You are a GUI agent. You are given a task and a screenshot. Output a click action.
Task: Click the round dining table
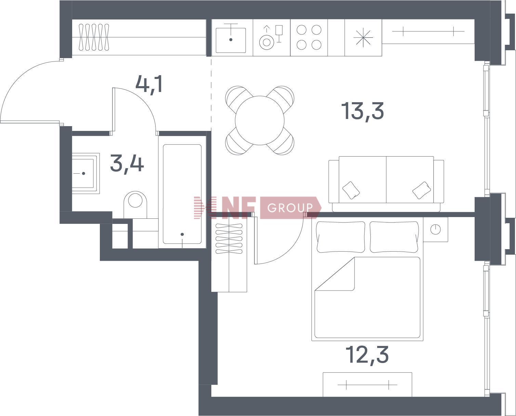click(x=260, y=120)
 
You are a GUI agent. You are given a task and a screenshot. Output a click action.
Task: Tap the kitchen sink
click(x=231, y=38)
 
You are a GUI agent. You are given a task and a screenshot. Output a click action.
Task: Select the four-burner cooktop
click(x=309, y=37)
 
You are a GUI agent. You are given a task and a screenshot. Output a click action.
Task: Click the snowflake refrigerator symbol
click(x=363, y=38)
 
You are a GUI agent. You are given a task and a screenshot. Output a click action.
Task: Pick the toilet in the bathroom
click(x=135, y=204)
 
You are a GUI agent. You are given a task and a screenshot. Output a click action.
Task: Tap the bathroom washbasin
click(x=85, y=173)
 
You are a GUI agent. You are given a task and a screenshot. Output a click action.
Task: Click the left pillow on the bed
click(x=341, y=237)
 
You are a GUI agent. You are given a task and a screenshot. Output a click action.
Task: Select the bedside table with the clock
click(x=435, y=229)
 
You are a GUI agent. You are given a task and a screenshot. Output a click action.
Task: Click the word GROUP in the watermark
click(x=290, y=208)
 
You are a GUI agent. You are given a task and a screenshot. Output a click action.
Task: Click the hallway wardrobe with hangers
click(x=139, y=37)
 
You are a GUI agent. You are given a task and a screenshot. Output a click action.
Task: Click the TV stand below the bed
click(x=367, y=385)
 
